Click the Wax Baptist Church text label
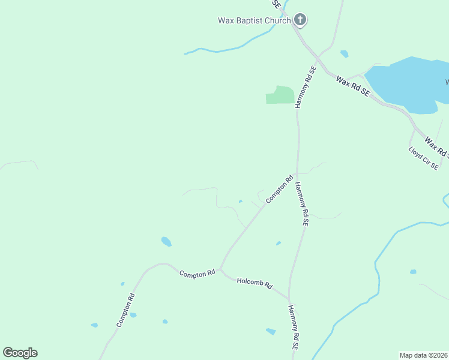(254, 20)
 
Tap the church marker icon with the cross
(300, 20)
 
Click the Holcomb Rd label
(255, 283)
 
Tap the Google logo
(20, 353)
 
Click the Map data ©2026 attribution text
(424, 355)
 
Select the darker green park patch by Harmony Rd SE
(280, 95)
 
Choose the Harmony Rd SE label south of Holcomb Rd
(292, 327)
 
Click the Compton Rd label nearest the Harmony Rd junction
(279, 188)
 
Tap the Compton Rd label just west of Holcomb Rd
(197, 273)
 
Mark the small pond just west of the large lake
(344, 53)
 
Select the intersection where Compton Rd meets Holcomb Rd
(220, 269)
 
